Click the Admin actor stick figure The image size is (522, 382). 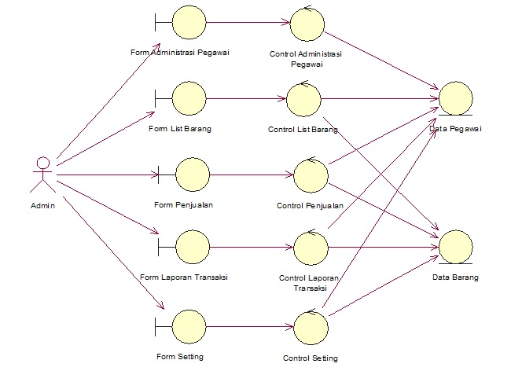pos(42,175)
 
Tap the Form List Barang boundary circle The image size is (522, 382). pos(189,98)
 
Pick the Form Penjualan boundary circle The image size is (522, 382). pos(193,174)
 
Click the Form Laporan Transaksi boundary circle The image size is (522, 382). pos(193,247)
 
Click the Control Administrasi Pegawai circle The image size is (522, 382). pos(307,25)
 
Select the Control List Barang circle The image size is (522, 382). pos(303,99)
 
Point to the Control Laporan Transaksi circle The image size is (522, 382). pos(311,248)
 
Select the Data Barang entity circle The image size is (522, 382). pos(456,247)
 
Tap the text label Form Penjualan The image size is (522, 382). pos(184,204)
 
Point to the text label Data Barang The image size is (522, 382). pos(454,277)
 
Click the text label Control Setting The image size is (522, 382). pos(310,358)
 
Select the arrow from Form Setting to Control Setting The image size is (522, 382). pos(249,325)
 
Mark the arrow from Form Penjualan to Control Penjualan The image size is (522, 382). pos(252,174)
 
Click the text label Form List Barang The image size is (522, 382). pos(179,127)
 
